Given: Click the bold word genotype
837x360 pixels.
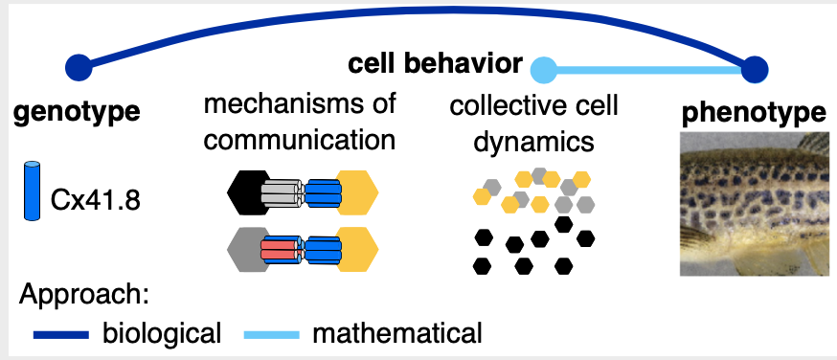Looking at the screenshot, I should pos(77,111).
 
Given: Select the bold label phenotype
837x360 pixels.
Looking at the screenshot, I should pos(754,113).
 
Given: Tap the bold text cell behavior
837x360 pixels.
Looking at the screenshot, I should pos(435,65).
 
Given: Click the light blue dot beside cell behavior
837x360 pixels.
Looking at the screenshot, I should pos(544,69).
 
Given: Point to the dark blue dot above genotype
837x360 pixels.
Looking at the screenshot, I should pos(78,67).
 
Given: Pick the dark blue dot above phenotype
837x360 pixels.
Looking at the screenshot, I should pos(755,69).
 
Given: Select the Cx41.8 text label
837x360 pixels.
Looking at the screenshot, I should pos(94,203).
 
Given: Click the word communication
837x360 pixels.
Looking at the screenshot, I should pos(300,140).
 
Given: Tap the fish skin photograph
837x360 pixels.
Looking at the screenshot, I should pos(753,203).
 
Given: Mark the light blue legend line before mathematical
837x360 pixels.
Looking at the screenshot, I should pos(274,334).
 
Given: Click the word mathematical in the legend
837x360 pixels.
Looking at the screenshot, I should pos(397,333).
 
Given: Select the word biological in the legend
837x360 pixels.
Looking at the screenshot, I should pos(162,333).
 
